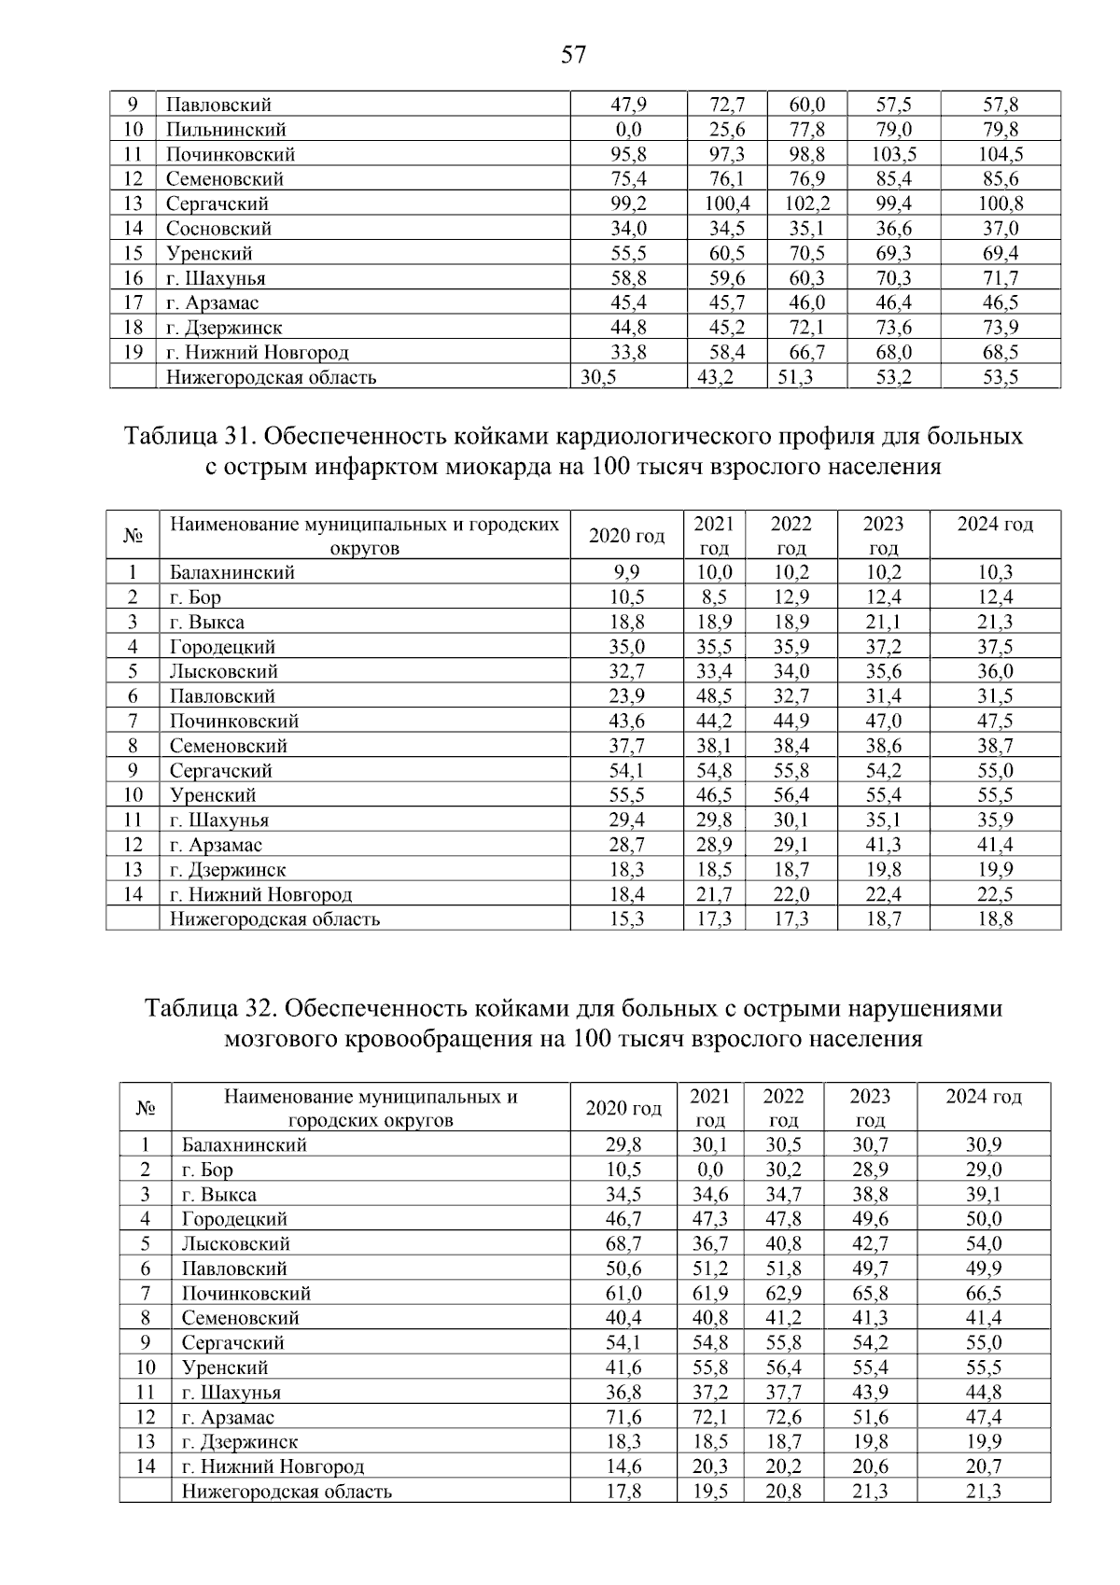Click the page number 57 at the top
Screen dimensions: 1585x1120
(x=573, y=55)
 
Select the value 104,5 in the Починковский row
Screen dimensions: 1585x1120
(x=1001, y=154)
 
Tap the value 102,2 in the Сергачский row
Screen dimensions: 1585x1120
(x=807, y=203)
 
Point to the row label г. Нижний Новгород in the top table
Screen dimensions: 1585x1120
(x=258, y=353)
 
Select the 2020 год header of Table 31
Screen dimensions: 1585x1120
(x=627, y=536)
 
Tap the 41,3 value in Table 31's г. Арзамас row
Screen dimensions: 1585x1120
(x=883, y=845)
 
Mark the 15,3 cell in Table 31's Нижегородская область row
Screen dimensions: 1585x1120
(x=627, y=919)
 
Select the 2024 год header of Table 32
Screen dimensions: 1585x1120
(x=983, y=1097)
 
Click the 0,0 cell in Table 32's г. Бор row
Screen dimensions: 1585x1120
(x=709, y=1170)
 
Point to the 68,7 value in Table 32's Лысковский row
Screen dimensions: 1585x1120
(x=623, y=1244)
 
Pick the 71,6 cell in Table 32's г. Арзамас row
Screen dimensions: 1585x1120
(x=623, y=1418)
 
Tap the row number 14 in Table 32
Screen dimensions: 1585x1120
(x=146, y=1467)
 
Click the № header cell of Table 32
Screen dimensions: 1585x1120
(x=146, y=1108)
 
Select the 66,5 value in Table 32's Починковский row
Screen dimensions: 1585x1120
(x=983, y=1294)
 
